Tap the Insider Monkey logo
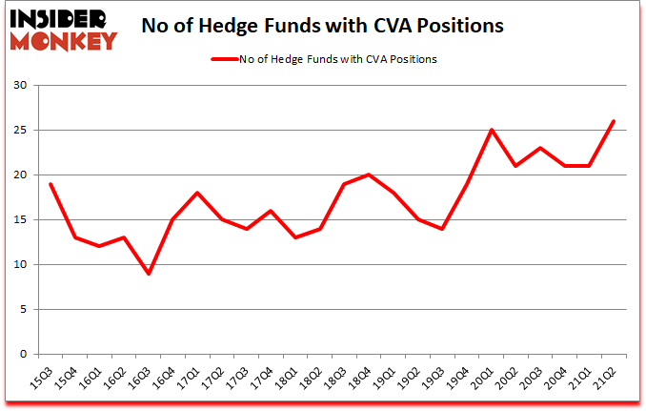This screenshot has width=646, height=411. point(62,27)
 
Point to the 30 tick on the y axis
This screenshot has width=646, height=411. point(20,86)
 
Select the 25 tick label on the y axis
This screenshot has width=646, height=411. point(20,131)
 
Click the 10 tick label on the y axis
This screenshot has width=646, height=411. point(20,265)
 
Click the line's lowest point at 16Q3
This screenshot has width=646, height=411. point(149,274)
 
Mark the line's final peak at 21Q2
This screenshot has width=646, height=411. point(614,121)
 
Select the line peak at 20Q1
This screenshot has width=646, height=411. point(491,131)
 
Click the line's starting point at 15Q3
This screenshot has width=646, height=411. point(50,184)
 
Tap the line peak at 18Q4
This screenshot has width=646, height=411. point(368,175)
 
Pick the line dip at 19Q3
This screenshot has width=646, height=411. point(442,229)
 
